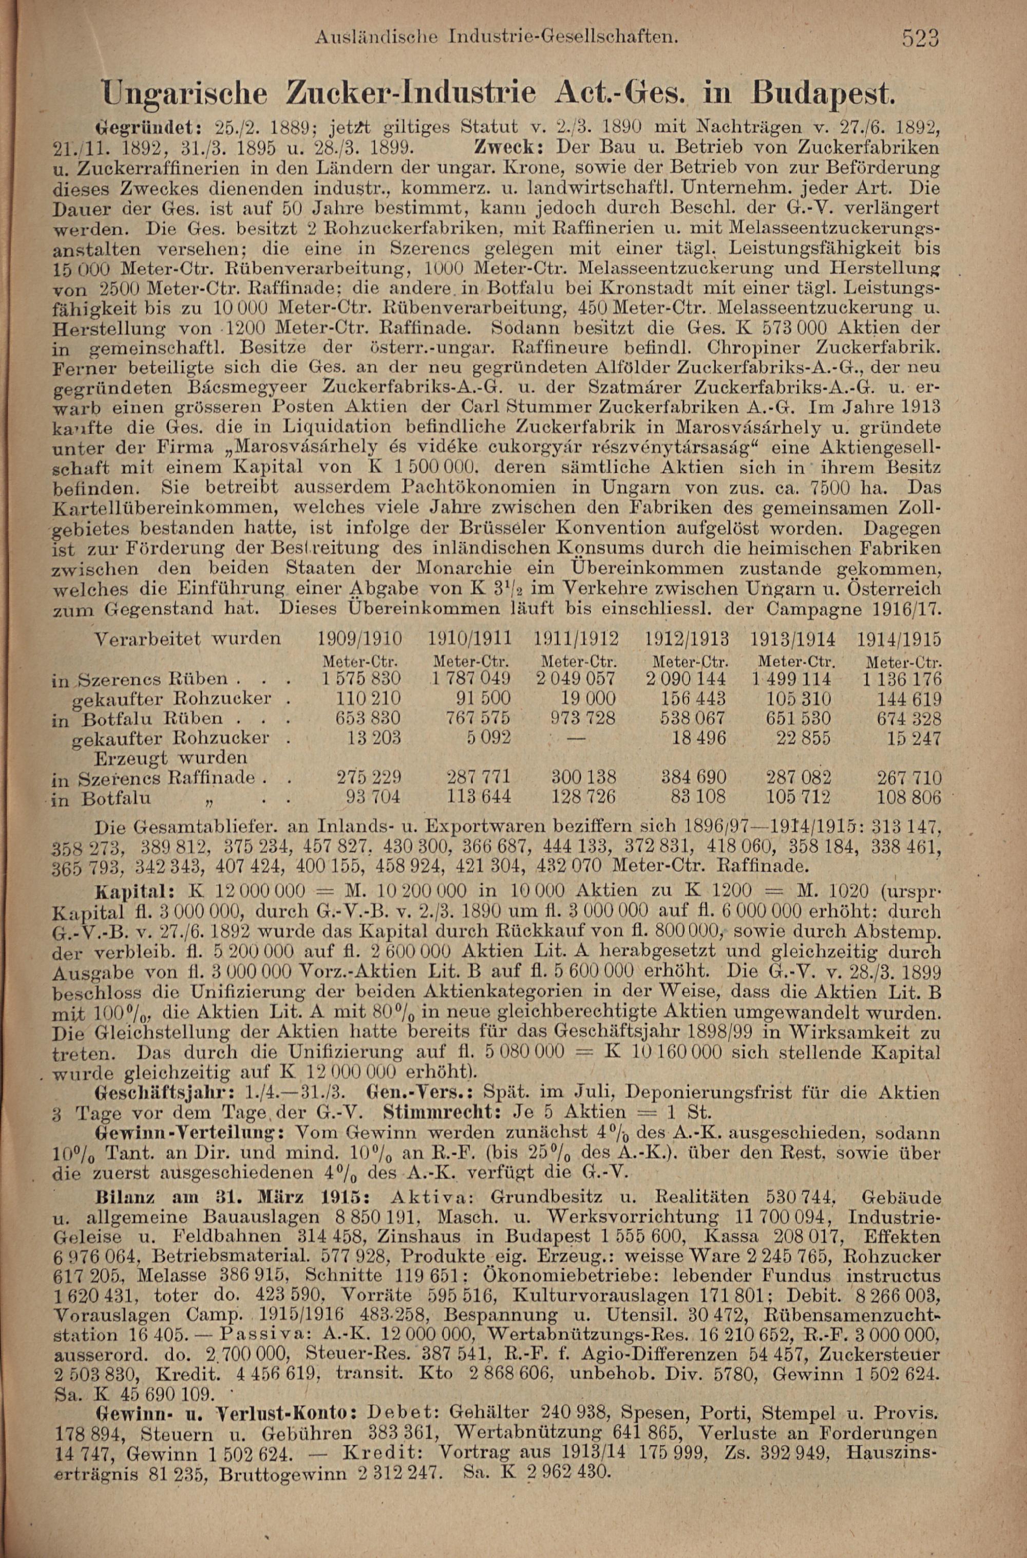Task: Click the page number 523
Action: click(920, 39)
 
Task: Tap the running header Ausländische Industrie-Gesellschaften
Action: click(495, 38)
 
